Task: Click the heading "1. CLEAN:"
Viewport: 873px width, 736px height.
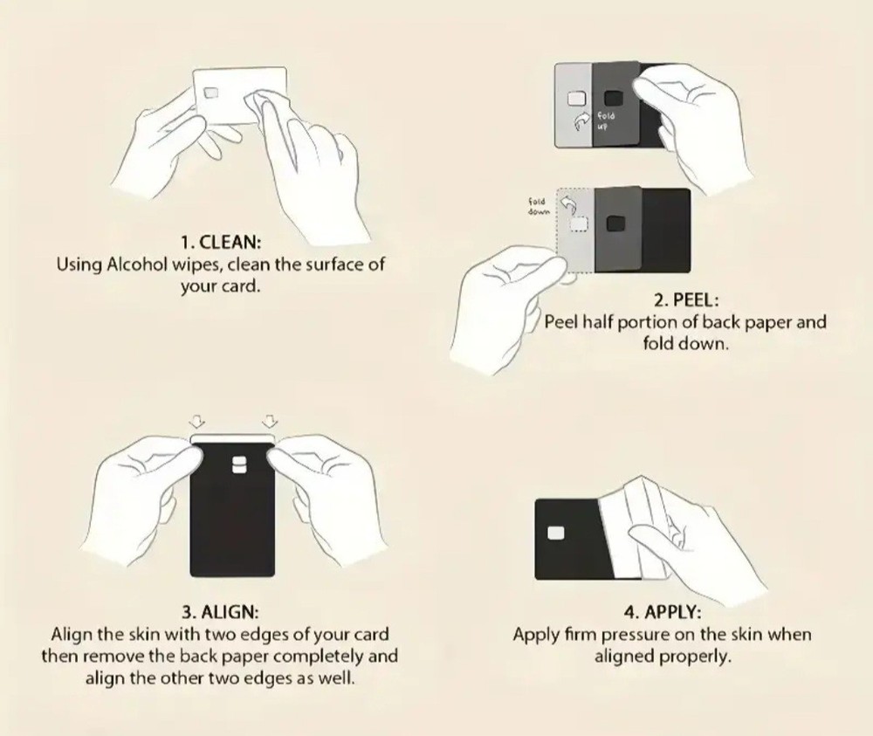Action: (221, 242)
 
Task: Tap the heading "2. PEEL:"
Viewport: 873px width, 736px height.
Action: (686, 300)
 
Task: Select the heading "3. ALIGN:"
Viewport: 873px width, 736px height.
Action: (220, 612)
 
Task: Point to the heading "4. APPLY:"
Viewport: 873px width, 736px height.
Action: (663, 612)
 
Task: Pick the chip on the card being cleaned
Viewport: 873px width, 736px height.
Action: (211, 92)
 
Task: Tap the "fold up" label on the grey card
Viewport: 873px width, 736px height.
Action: (606, 120)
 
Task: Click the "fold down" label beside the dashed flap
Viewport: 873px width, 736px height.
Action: (539, 206)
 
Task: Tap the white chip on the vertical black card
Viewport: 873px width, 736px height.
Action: (239, 464)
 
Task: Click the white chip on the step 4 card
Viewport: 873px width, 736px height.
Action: (555, 533)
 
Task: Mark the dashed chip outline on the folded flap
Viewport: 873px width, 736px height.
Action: (579, 223)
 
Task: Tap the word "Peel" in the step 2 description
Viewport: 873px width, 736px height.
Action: (561, 322)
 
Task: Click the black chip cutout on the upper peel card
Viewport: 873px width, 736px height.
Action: (614, 98)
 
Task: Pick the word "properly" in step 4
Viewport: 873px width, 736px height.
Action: (696, 657)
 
